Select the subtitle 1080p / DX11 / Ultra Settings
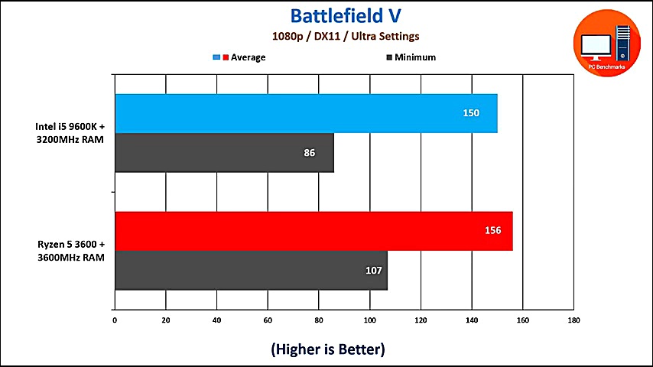pos(346,36)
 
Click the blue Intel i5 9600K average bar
pos(306,113)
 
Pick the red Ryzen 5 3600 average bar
pos(314,231)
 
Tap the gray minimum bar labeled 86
pos(224,153)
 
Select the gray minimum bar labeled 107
pos(251,271)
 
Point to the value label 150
pos(471,113)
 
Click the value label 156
pos(492,231)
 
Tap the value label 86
pos(309,153)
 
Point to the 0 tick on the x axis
pos(115,320)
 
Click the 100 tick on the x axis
pos(369,320)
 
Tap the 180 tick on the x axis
pos(573,320)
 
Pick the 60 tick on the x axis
pos(268,320)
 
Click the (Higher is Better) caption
pos(327,349)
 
